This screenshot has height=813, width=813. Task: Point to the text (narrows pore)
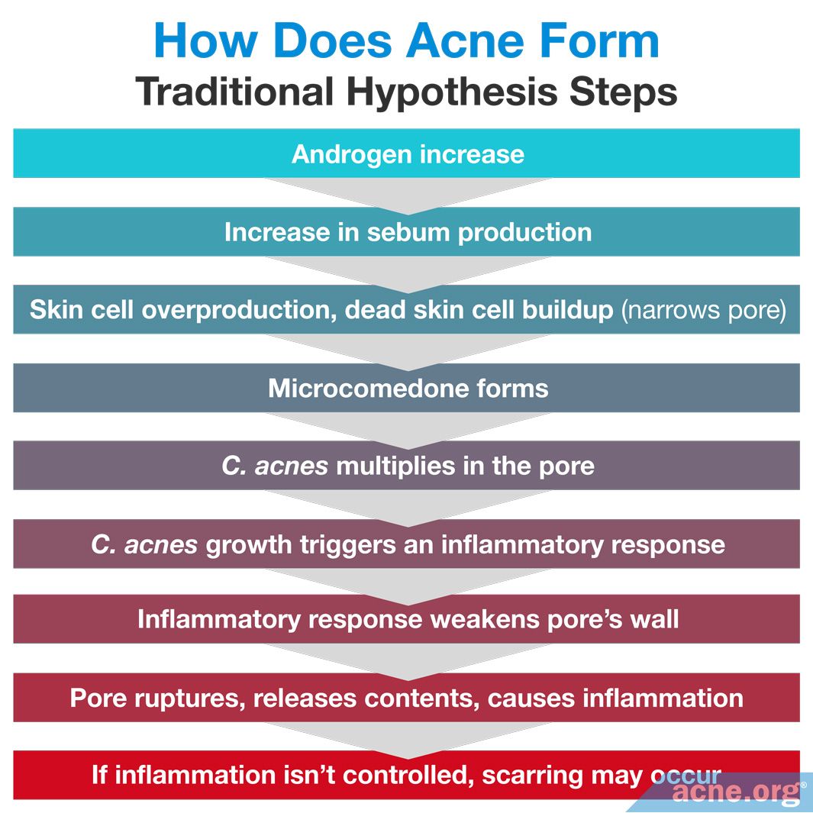[x=703, y=310]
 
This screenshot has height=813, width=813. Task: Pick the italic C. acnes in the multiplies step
[x=275, y=466]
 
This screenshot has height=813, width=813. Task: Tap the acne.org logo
[x=736, y=792]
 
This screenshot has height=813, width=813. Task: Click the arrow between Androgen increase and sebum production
[x=407, y=194]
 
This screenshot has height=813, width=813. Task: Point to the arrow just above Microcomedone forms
[x=407, y=350]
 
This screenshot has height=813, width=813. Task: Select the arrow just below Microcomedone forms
[x=407, y=427]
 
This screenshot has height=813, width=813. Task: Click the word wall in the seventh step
[x=654, y=619]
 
